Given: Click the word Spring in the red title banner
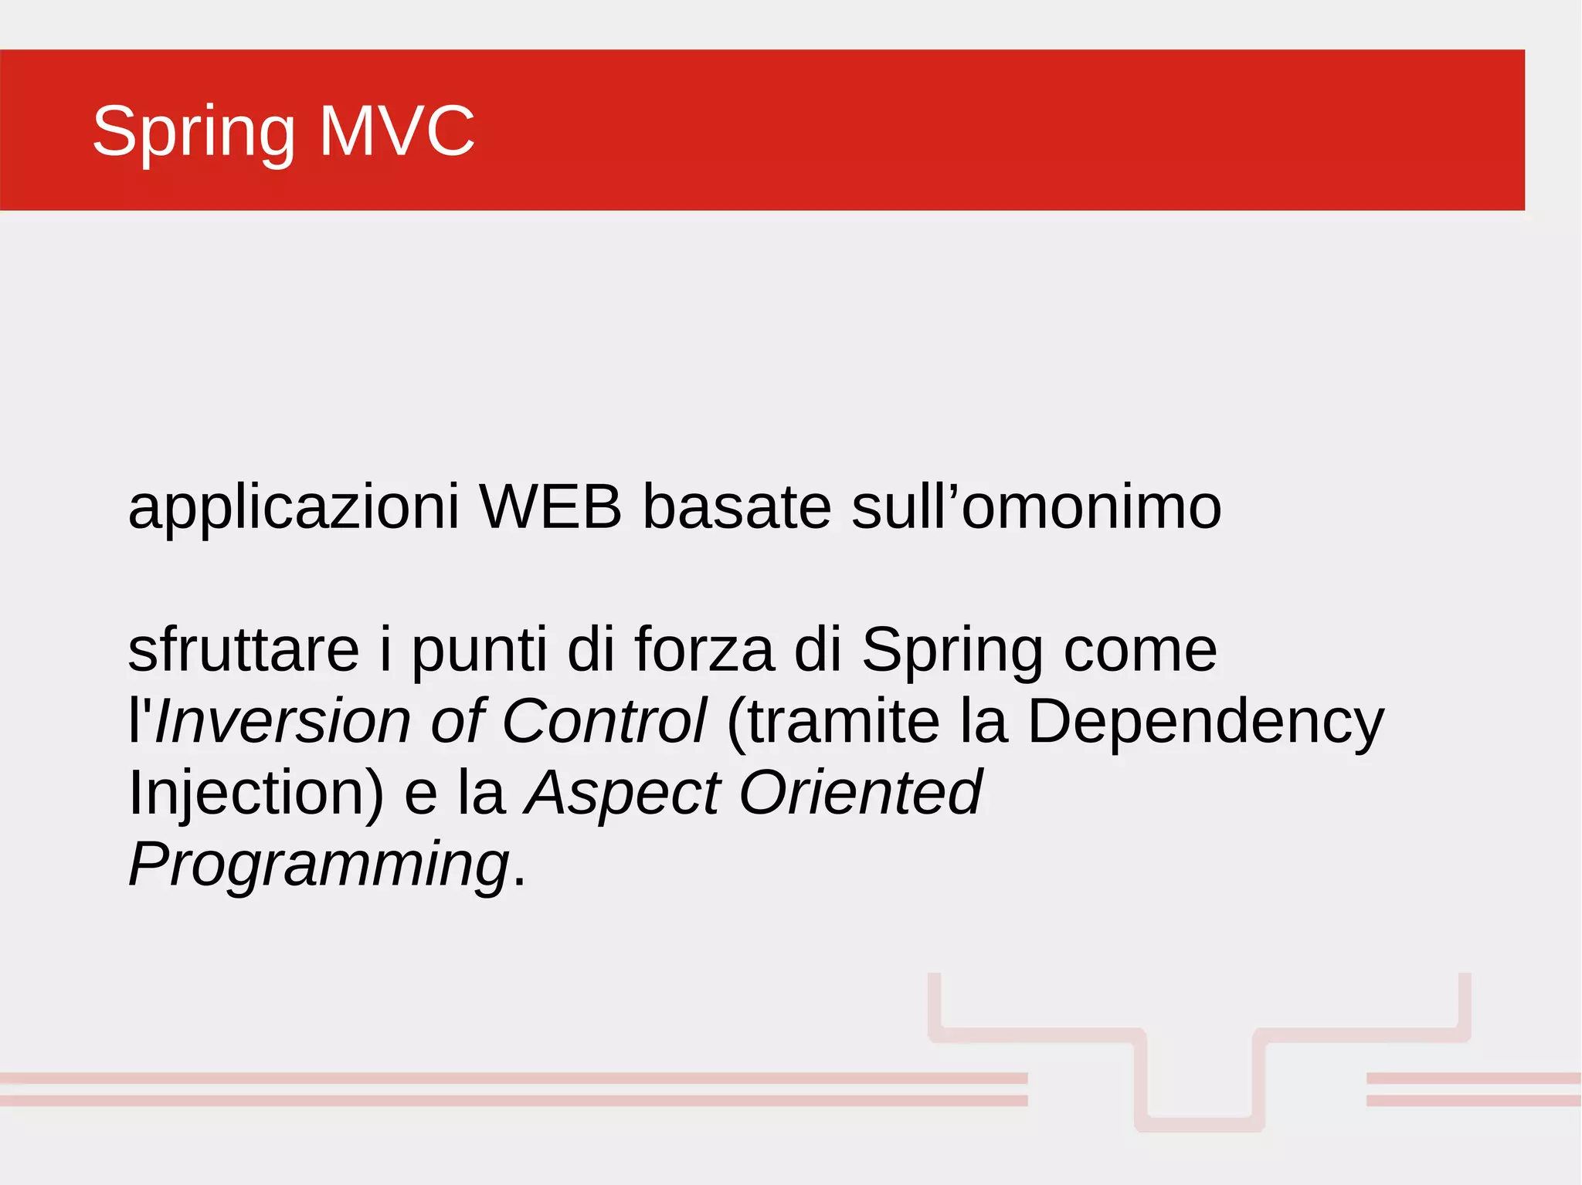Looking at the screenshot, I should (194, 132).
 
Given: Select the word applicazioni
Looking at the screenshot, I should (294, 508).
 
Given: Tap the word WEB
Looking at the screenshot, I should (550, 507).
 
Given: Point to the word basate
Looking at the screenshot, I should (737, 507).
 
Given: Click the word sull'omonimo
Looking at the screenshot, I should (1036, 507).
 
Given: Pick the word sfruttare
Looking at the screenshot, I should (243, 650).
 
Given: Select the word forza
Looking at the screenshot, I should (704, 650).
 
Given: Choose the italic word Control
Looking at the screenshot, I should (604, 721).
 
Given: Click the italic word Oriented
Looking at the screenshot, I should (861, 792).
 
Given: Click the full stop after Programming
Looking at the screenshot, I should (519, 880).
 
